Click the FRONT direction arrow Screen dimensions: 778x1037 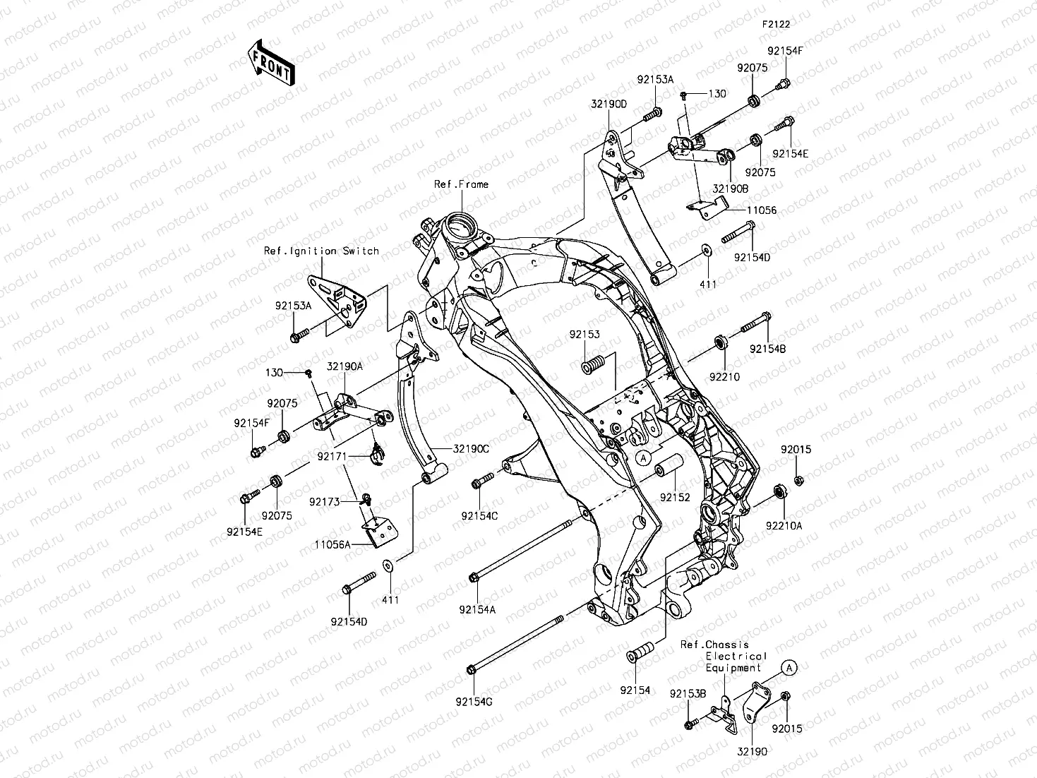271,64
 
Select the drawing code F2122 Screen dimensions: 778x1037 775,24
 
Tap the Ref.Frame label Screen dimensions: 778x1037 461,184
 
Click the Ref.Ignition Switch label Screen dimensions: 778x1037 321,251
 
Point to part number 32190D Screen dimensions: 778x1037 609,104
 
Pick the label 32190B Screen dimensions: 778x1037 730,189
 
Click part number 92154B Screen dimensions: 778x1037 767,349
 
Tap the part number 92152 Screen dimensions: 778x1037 675,497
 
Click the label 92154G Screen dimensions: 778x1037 474,701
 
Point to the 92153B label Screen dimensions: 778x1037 688,694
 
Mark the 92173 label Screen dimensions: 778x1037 325,502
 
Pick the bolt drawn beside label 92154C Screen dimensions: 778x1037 481,483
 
